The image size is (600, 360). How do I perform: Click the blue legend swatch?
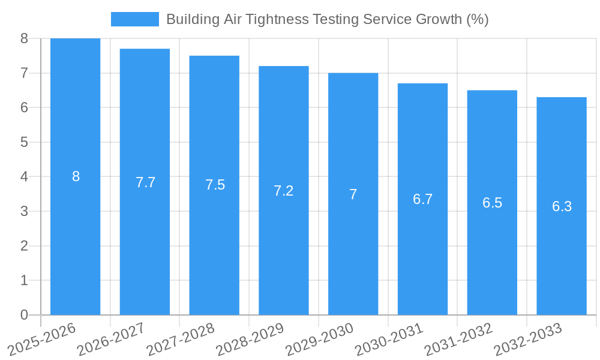coord(135,19)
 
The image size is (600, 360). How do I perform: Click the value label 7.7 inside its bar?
coord(145,182)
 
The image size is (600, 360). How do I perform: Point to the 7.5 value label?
coord(215,185)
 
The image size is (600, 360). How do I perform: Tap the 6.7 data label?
coord(423,199)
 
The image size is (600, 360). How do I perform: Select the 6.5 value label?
coord(492,203)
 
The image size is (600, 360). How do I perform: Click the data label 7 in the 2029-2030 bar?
coord(353,194)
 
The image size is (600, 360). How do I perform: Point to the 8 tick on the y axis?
coord(24,38)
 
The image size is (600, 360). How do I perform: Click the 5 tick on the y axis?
coord(24,142)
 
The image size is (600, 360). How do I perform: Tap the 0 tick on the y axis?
coord(24,315)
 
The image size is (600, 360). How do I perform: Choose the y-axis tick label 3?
coord(24,211)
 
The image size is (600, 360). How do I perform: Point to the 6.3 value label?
coord(562,206)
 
